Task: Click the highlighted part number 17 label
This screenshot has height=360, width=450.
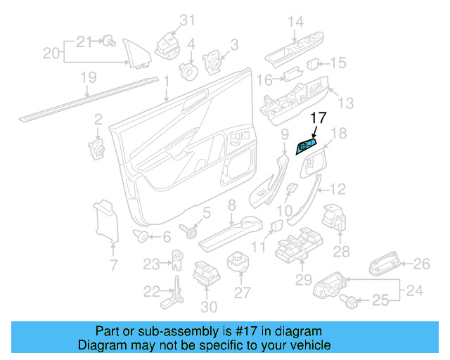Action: [319, 119]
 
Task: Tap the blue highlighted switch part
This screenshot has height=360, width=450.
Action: [305, 146]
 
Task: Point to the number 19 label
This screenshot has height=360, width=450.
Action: [87, 79]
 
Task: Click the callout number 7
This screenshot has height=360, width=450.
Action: [114, 265]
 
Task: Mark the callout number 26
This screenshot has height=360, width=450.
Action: [420, 264]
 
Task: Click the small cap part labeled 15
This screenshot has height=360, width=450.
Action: [315, 64]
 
